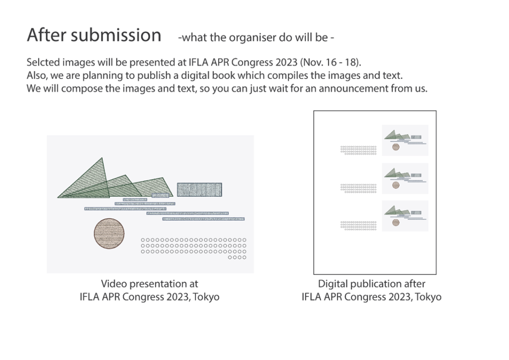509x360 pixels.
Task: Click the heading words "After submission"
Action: pyautogui.click(x=94, y=35)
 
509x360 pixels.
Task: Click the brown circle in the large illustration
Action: pyautogui.click(x=109, y=233)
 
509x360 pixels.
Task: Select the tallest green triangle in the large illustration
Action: pyautogui.click(x=84, y=178)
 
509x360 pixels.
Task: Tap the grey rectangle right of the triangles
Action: pyautogui.click(x=199, y=189)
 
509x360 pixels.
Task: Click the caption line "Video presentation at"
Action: pyautogui.click(x=149, y=284)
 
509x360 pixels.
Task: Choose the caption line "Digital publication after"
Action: pyautogui.click(x=371, y=284)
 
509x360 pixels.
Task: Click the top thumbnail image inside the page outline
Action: pyautogui.click(x=405, y=140)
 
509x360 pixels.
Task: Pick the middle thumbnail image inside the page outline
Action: pyautogui.click(x=405, y=179)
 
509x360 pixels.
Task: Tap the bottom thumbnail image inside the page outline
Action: pyautogui.click(x=405, y=216)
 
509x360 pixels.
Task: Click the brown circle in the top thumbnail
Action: pyautogui.click(x=396, y=147)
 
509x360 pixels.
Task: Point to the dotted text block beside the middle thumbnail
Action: pyautogui.click(x=358, y=188)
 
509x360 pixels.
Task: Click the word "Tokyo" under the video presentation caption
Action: pyautogui.click(x=206, y=297)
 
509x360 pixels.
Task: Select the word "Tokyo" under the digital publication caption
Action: pyautogui.click(x=428, y=297)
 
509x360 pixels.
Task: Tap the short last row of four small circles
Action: pyautogui.click(x=237, y=258)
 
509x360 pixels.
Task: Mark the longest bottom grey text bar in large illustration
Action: pyautogui.click(x=203, y=219)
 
